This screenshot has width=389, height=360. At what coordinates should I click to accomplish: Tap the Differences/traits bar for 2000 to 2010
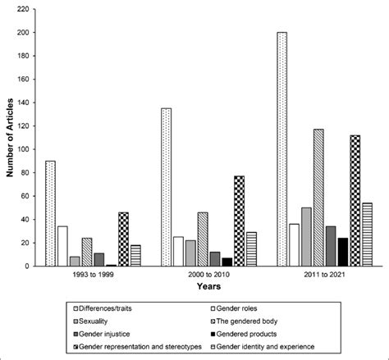167,188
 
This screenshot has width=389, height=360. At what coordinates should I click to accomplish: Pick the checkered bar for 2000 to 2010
240,221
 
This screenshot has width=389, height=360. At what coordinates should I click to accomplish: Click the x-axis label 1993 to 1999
93,276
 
